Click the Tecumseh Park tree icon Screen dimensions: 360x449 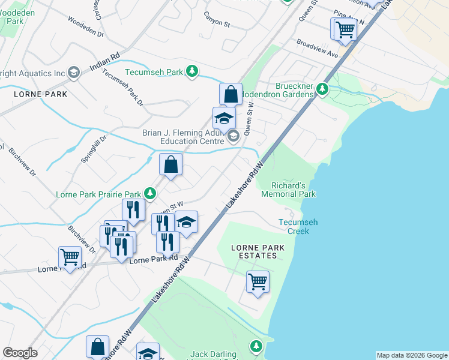click(192, 72)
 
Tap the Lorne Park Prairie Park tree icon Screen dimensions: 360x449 click(150, 194)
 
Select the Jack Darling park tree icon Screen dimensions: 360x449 click(256, 347)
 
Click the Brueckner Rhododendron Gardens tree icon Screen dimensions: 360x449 click(322, 89)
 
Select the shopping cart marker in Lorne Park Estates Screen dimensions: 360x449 click(258, 281)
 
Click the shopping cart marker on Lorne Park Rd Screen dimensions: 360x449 click(70, 257)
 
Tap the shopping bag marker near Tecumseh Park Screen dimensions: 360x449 click(231, 94)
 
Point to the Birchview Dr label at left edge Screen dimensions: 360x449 click(22, 161)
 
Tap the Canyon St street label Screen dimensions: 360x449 click(217, 24)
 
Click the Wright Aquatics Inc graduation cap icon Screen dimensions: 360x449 click(74, 73)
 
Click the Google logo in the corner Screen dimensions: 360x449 click(20, 353)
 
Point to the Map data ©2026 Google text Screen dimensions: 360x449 click(411, 355)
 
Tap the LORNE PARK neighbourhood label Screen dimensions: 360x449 click(41, 94)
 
